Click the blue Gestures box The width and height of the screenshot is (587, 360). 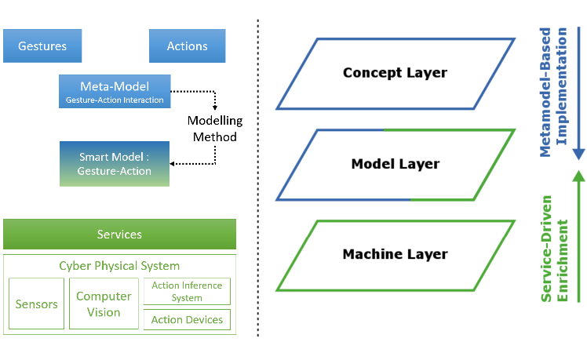point(42,45)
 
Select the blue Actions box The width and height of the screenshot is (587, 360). point(188,45)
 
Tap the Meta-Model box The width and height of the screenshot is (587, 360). point(115,91)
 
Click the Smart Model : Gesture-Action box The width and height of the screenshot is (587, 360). point(115,164)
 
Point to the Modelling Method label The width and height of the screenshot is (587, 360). point(215,129)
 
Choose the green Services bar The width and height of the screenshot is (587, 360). point(120,234)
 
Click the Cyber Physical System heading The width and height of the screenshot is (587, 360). point(119,266)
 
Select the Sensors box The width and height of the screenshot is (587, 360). point(36,304)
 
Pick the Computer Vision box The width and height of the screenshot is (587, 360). point(104,304)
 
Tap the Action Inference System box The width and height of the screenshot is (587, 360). point(188,291)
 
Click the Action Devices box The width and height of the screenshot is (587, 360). point(188,319)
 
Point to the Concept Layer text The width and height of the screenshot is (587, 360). point(395,73)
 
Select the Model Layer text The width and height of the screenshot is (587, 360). point(396,164)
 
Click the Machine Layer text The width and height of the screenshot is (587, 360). point(396,254)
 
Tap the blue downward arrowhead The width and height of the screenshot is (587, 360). point(579,155)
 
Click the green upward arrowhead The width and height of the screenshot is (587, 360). point(579,176)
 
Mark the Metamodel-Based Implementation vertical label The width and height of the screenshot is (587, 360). point(553,92)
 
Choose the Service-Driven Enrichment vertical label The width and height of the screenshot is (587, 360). point(554,249)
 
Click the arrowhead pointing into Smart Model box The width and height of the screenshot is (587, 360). point(172,164)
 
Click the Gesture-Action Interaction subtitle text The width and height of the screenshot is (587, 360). point(115,100)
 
